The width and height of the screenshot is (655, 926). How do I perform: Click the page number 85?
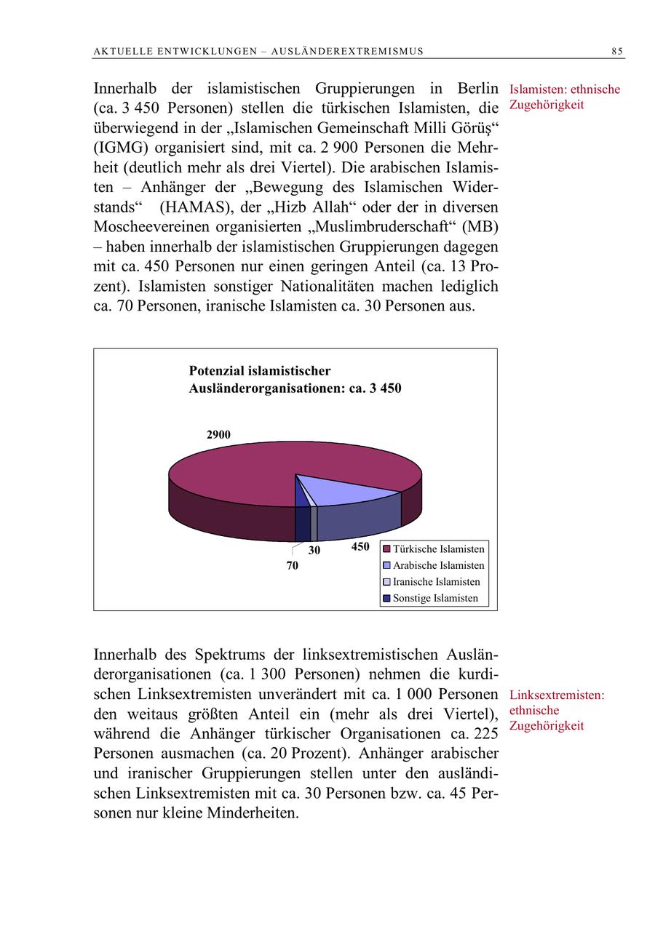616,51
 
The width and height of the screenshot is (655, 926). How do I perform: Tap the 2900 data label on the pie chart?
218,434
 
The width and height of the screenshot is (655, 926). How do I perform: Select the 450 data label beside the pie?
360,547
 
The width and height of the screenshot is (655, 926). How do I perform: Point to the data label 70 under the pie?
292,565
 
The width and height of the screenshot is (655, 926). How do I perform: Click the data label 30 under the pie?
314,551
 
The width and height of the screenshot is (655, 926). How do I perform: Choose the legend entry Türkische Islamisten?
438,549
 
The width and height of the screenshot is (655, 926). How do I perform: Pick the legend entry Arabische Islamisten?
438,565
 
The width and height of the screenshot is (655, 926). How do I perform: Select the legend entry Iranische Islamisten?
436,582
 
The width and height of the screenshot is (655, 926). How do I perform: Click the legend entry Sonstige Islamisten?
435,598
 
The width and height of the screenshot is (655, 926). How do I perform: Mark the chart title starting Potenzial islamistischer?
295,380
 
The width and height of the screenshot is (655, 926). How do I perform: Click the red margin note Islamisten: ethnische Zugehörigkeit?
565,97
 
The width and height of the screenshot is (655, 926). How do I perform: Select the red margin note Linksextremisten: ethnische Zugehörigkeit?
557,710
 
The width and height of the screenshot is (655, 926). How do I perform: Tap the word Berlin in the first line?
478,89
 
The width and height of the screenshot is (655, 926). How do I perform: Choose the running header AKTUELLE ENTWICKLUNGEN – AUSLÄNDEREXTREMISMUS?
258,51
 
